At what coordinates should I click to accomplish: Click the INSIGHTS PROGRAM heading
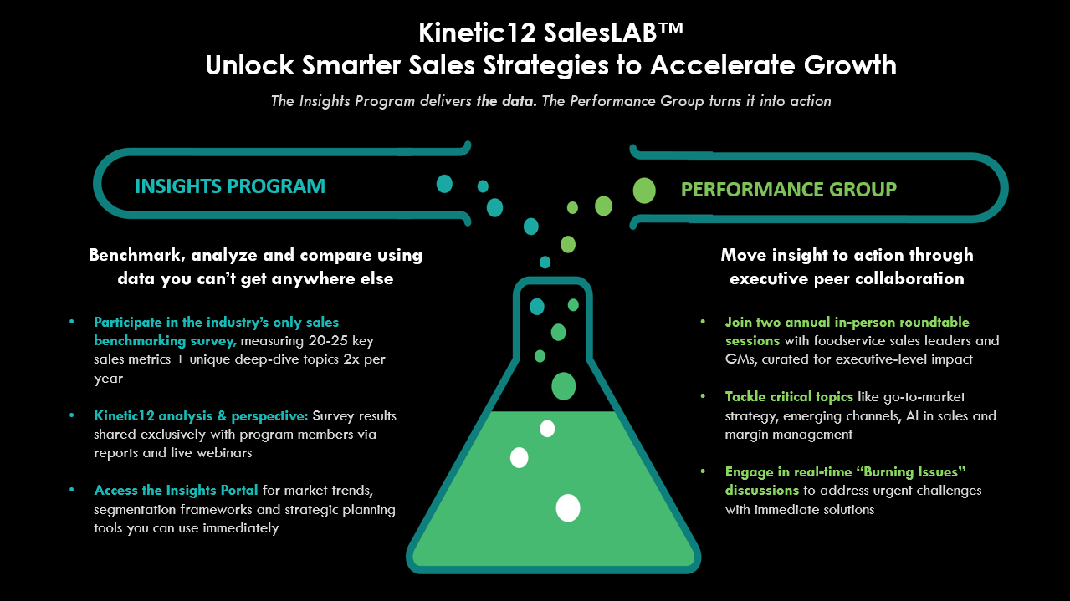[x=230, y=186]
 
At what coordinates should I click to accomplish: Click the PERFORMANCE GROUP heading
[x=789, y=190]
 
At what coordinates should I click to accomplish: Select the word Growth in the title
[x=850, y=65]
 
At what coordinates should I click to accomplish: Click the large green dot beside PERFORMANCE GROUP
[x=644, y=191]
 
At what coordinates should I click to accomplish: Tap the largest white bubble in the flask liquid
[x=568, y=508]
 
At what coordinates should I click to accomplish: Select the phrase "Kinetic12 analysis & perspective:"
[x=201, y=415]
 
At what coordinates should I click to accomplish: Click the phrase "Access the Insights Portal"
[x=176, y=491]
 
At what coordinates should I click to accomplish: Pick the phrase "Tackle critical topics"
[x=789, y=397]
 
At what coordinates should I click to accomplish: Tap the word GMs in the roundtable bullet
[x=740, y=359]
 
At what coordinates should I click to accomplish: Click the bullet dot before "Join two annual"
[x=703, y=321]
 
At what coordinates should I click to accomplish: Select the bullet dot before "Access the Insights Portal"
[x=72, y=489]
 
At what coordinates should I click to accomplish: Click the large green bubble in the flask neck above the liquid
[x=564, y=386]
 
